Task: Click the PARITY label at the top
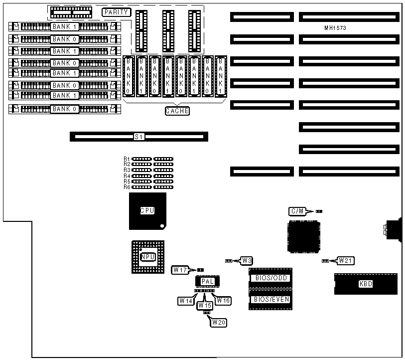[116, 12]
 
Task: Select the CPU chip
[147, 211]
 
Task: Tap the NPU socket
[147, 257]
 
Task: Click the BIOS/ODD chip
[271, 278]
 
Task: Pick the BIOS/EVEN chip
[271, 299]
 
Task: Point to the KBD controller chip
[366, 284]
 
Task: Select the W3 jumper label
[247, 260]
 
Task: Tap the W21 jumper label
[346, 260]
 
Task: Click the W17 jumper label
[180, 270]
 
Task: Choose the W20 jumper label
[219, 323]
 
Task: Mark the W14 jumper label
[186, 301]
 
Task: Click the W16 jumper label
[224, 301]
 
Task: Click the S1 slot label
[139, 137]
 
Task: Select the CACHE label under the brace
[177, 111]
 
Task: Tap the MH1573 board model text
[335, 28]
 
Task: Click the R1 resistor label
[127, 159]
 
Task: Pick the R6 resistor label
[127, 187]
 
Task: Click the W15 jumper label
[205, 305]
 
